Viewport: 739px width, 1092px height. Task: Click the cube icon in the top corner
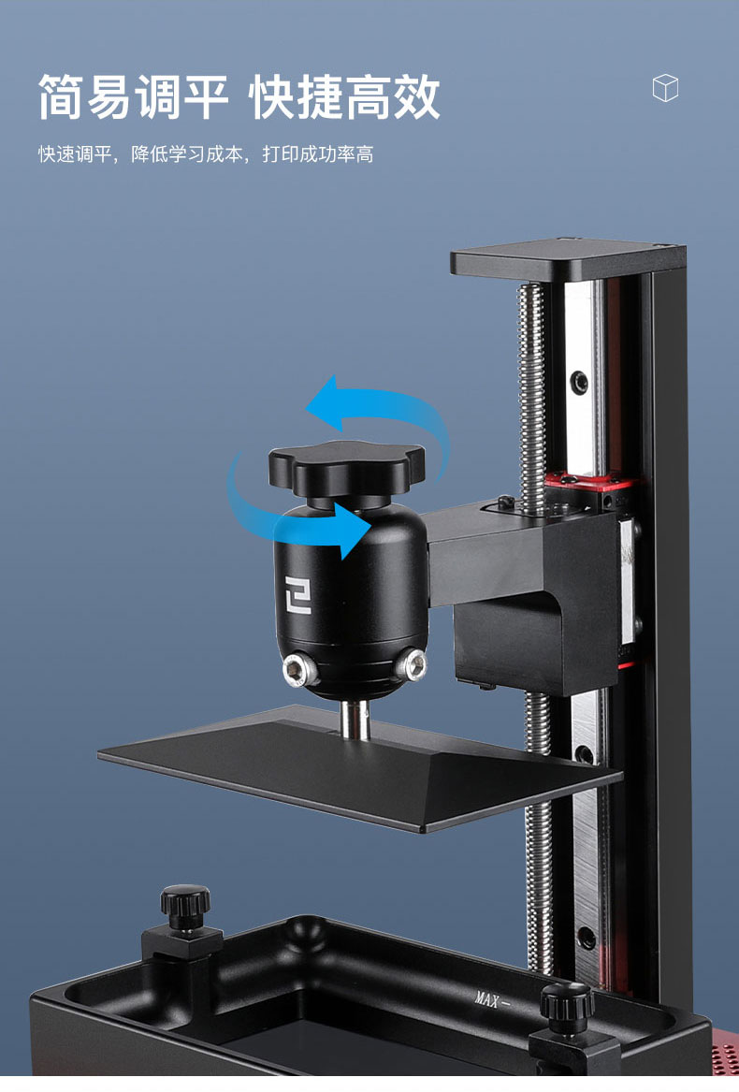pyautogui.click(x=665, y=88)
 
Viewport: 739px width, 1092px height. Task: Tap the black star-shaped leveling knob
pyautogui.click(x=346, y=467)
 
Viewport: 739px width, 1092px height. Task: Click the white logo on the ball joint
pyautogui.click(x=297, y=594)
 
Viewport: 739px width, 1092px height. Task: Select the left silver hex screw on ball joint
pyautogui.click(x=301, y=671)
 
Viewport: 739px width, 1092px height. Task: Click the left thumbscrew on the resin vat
pyautogui.click(x=184, y=908)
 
